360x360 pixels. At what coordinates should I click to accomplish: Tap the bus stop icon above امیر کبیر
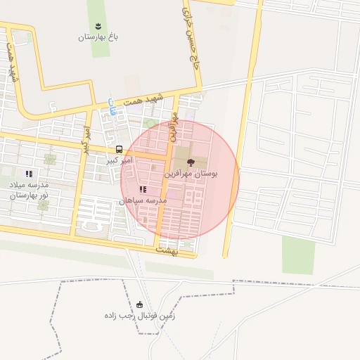click(119, 150)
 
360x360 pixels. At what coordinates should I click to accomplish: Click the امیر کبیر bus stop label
click(117, 161)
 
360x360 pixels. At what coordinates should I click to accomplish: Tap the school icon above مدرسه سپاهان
click(143, 189)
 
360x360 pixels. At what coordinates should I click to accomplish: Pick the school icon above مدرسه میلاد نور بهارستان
click(29, 173)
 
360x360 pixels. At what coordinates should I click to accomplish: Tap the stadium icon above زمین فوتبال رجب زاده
click(139, 304)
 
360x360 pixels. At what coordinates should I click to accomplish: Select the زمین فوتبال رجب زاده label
click(140, 316)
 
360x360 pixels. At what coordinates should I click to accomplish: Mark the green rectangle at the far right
click(297, 255)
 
